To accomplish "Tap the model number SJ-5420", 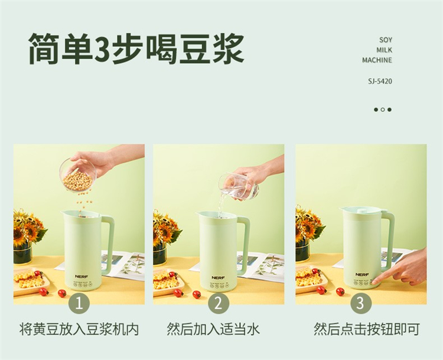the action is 380,82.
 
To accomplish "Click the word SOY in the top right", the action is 386,40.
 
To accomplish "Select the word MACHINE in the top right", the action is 377,60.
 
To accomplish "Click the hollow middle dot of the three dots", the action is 383,110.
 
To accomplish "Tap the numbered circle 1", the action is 79,304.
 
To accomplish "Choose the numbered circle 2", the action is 218,304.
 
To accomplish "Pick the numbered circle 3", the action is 361,304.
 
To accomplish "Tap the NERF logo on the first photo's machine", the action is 80,277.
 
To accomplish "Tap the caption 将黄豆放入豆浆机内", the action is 79,329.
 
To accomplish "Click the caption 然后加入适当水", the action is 213,329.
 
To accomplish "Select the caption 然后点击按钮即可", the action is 366,329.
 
